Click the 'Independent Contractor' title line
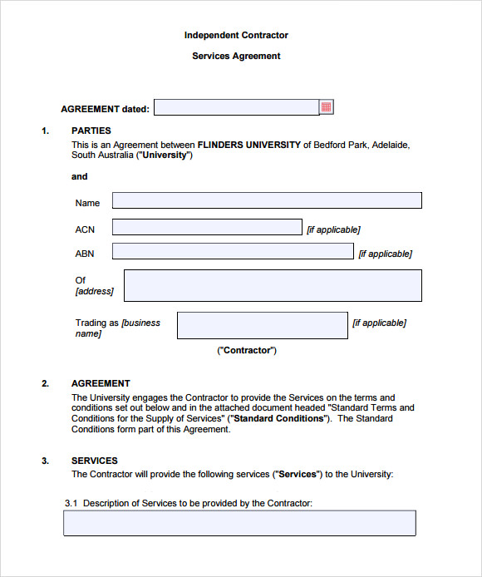point(236,35)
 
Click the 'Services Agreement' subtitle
point(236,57)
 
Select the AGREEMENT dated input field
point(236,107)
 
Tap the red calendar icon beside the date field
point(327,107)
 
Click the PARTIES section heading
point(91,131)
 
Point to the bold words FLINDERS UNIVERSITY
point(248,145)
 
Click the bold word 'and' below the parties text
point(79,176)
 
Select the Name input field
point(267,200)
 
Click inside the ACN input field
point(207,227)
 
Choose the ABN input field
point(233,251)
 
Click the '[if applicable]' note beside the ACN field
point(333,229)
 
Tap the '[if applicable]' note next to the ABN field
point(385,254)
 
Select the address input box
point(273,285)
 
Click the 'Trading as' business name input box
point(262,325)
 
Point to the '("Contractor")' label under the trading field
point(247,350)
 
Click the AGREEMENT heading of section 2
point(101,383)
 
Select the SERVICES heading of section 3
point(94,461)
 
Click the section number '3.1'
point(71,503)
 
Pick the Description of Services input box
point(239,523)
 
